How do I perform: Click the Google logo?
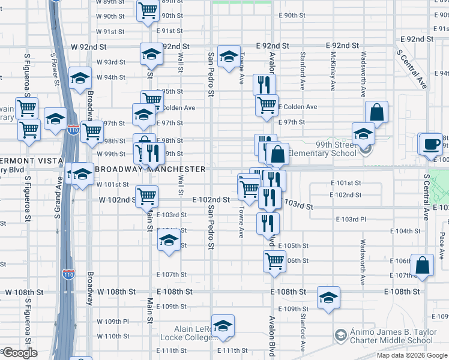(20, 353)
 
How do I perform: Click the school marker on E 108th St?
(328, 298)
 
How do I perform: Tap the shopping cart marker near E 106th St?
(274, 261)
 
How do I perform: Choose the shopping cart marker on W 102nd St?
(146, 196)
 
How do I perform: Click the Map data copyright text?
(412, 355)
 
